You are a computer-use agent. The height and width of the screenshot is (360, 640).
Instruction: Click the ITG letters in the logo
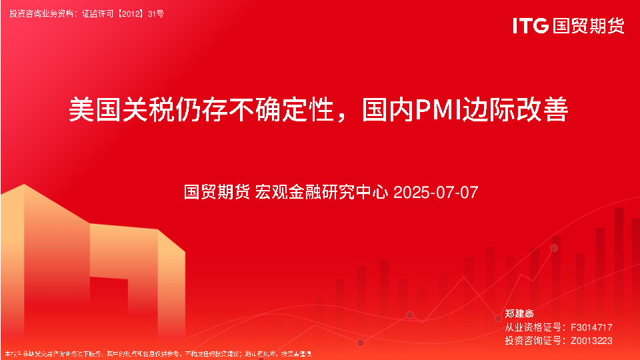[530, 26]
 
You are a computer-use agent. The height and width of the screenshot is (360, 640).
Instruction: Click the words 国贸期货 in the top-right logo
[589, 26]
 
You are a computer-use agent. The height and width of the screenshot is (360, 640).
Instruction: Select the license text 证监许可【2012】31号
[123, 13]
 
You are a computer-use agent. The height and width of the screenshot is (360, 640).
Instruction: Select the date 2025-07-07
[436, 193]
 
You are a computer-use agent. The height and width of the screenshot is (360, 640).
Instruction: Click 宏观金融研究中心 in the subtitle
[322, 193]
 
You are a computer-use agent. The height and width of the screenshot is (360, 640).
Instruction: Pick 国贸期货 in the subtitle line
[217, 193]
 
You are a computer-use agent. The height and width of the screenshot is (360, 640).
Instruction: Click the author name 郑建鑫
[519, 313]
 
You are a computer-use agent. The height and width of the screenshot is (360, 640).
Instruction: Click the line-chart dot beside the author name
[498, 319]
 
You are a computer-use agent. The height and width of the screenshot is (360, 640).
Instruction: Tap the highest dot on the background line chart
[554, 248]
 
